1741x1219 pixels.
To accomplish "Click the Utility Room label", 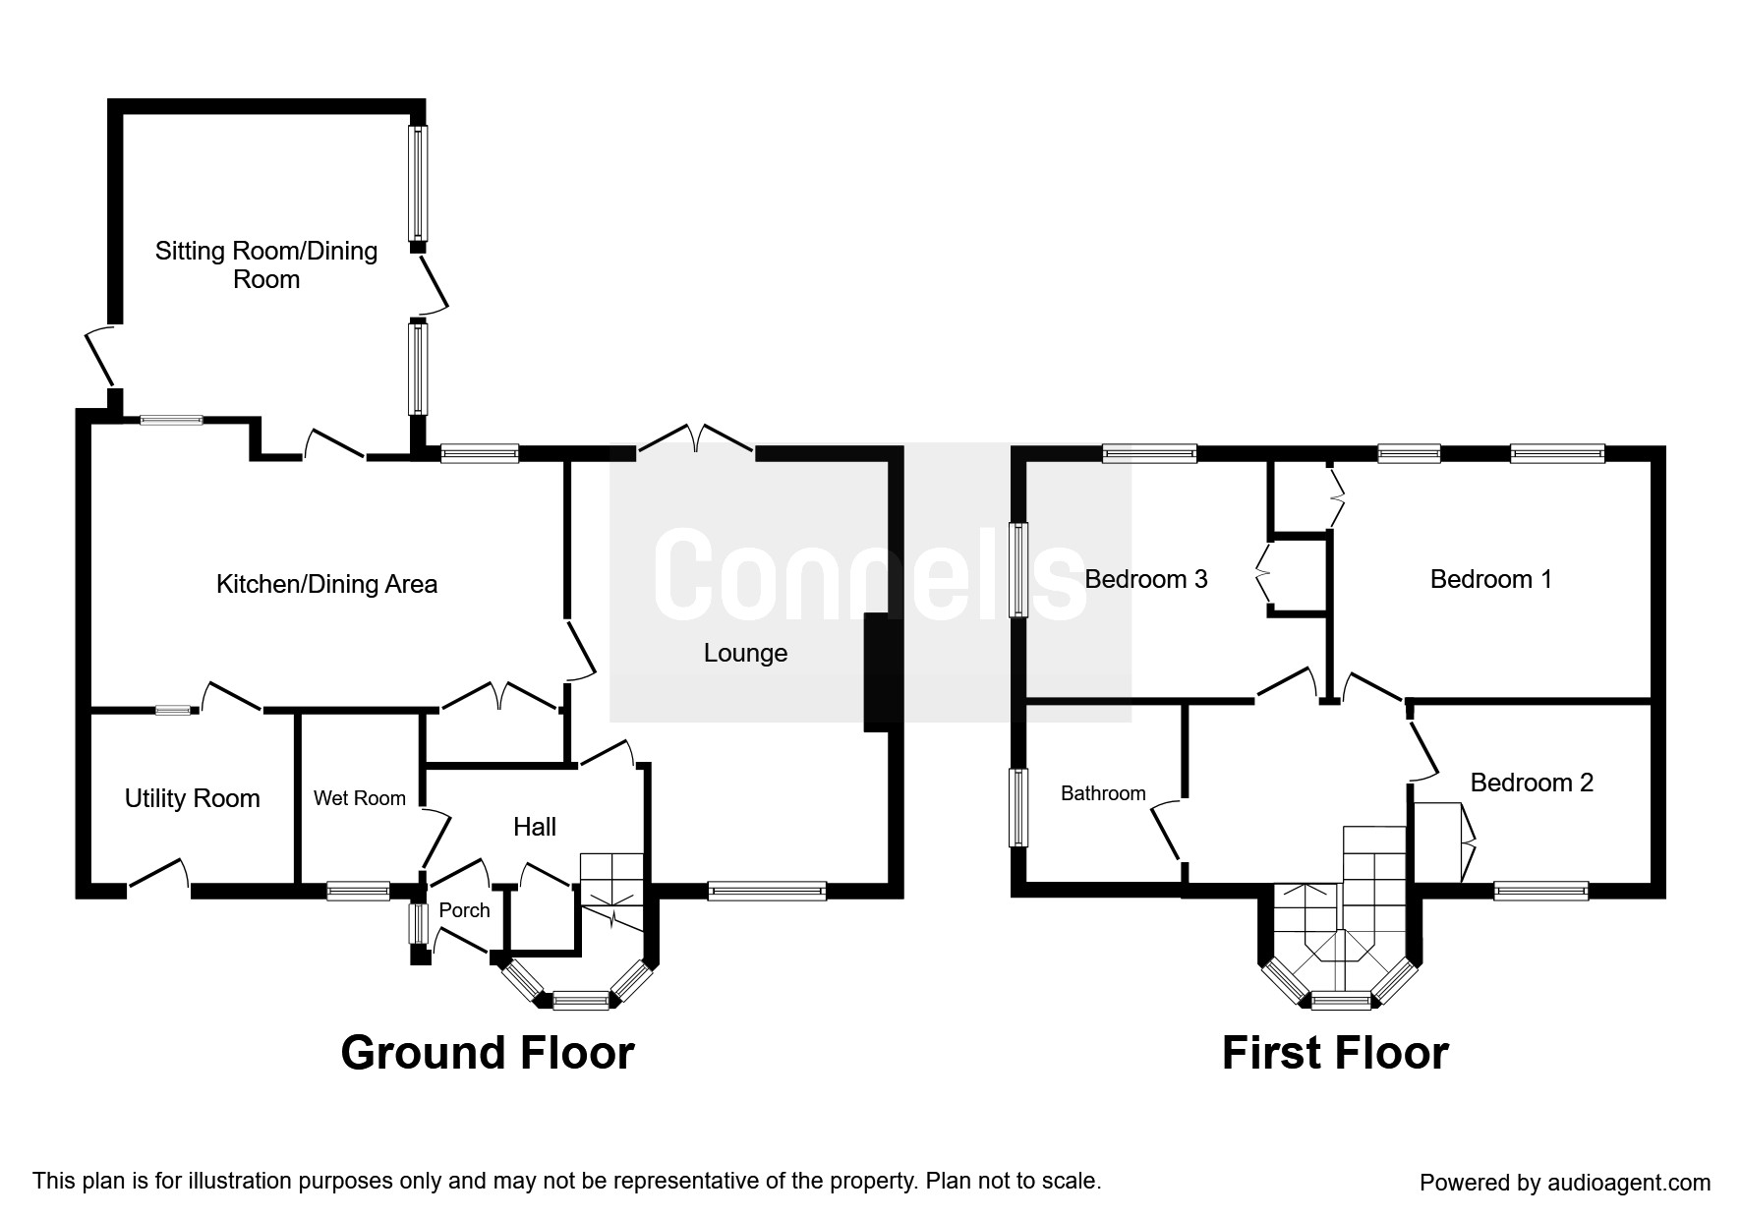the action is [192, 798].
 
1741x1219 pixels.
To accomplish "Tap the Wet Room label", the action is [359, 798].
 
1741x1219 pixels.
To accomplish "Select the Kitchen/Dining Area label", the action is [326, 584].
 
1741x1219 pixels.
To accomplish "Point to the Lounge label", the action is [745, 653].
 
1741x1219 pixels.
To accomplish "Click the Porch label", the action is [464, 910].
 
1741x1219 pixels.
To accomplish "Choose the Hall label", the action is [535, 827].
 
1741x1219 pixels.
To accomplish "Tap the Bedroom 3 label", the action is [1145, 579].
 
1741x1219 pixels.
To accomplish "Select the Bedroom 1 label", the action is [1490, 579].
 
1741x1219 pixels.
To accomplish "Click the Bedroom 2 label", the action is [1531, 783].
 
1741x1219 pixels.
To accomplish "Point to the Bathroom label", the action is [1103, 793].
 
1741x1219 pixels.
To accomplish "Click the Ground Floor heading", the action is [488, 1053].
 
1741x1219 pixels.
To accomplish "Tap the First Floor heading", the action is [1334, 1053].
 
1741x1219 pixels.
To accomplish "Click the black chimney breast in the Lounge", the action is [878, 672].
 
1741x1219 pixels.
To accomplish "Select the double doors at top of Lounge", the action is [697, 440].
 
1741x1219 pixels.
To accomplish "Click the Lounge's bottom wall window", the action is [767, 892].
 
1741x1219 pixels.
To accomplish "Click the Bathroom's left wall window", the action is [1019, 807].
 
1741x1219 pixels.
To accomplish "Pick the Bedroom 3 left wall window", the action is [1019, 570].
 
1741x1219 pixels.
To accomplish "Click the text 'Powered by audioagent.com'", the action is [1564, 1183].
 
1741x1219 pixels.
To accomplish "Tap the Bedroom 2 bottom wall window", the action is [1540, 892].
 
